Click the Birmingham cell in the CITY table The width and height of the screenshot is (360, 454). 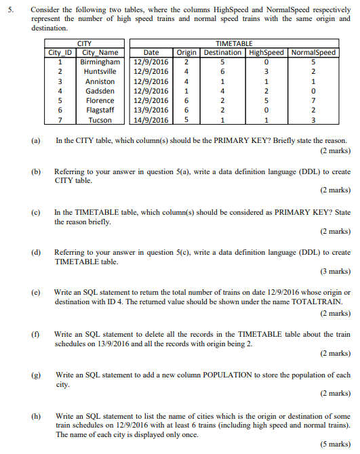point(98,62)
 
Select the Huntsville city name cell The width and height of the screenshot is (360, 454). point(98,71)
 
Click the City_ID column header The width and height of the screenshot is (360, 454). point(60,52)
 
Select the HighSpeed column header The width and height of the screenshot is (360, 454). point(266,52)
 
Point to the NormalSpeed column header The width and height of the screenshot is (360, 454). point(313,52)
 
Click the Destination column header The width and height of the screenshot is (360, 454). point(222,52)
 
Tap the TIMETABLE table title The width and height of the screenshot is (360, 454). point(233,43)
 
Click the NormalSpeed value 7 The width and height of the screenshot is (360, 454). point(313,100)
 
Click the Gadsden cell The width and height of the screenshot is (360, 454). point(98,91)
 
